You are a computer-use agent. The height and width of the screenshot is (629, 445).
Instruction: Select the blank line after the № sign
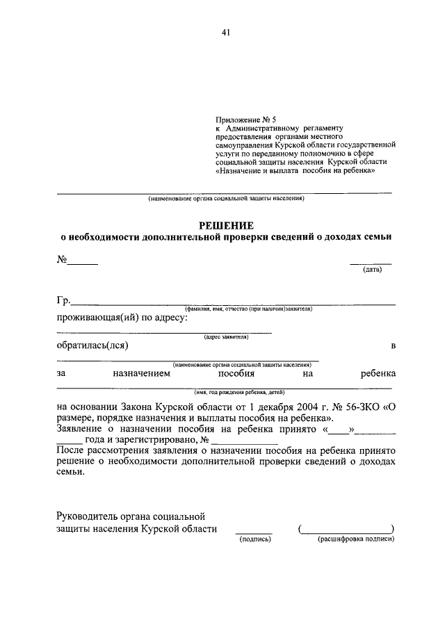pyautogui.click(x=82, y=263)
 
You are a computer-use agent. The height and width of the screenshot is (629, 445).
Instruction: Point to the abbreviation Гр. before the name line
pyautogui.click(x=63, y=301)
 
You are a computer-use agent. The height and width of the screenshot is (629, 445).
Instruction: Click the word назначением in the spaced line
pyautogui.click(x=140, y=373)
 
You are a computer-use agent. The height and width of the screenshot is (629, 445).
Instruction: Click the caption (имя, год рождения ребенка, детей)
pyautogui.click(x=226, y=391)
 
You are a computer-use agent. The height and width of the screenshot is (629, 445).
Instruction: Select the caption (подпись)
pyautogui.click(x=254, y=539)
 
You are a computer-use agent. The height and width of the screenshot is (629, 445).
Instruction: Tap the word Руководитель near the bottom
pyautogui.click(x=90, y=516)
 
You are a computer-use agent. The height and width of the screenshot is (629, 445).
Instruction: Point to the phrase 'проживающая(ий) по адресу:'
pyautogui.click(x=120, y=318)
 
